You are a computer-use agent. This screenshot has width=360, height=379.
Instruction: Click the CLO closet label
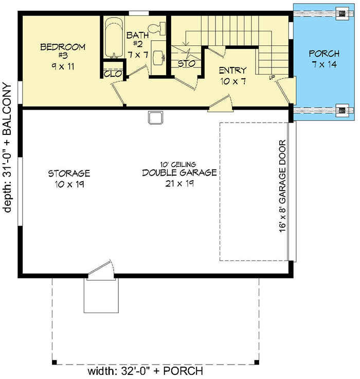112,74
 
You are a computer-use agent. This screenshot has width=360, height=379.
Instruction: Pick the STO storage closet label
186,64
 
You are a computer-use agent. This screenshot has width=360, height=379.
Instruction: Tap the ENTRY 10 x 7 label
232,75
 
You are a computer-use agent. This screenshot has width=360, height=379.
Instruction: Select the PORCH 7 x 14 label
323,58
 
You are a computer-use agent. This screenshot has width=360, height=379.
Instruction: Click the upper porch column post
341,13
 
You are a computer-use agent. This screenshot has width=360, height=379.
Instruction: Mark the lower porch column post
341,110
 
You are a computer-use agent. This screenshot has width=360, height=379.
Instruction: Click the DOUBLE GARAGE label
179,173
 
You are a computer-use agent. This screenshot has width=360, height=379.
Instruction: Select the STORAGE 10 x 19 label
69,178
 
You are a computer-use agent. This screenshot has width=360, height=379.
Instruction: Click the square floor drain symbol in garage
155,118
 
